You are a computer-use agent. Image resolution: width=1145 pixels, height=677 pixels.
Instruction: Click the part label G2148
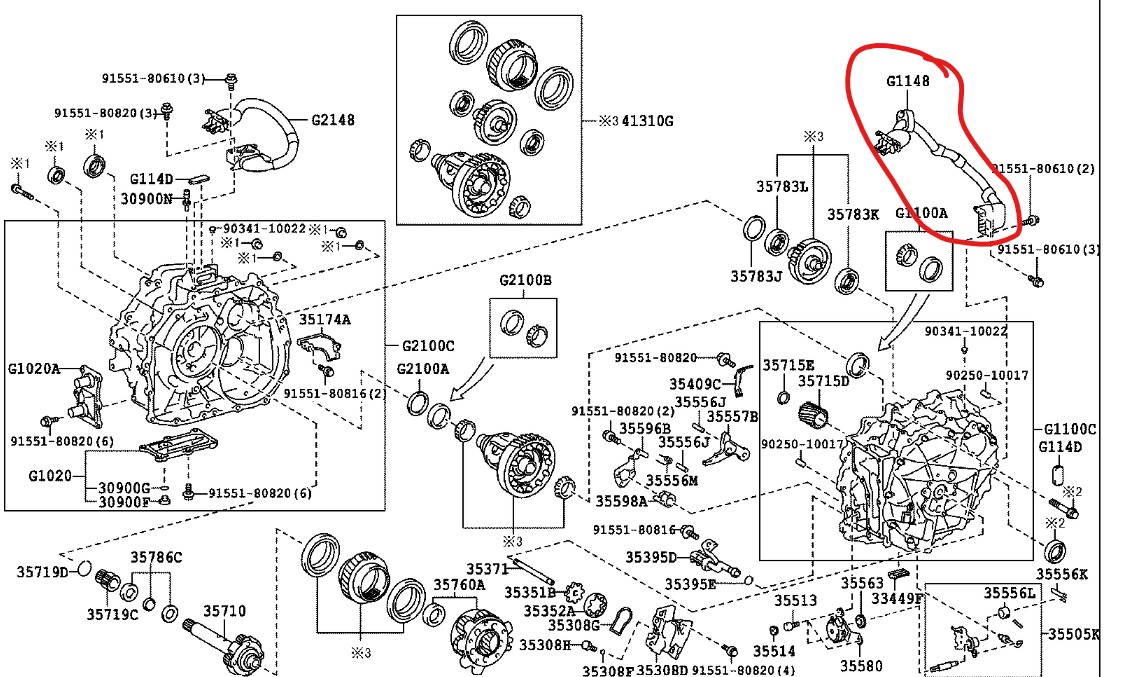click(x=333, y=120)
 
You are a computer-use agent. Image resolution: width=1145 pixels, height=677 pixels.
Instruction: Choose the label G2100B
click(x=525, y=280)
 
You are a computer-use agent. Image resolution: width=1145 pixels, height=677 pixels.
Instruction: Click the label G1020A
click(x=34, y=370)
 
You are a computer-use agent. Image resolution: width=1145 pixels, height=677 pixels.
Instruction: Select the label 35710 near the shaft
click(x=225, y=610)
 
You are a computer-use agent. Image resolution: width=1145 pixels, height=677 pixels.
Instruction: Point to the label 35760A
click(x=459, y=584)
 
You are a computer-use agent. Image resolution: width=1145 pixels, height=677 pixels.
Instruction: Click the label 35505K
click(x=1073, y=634)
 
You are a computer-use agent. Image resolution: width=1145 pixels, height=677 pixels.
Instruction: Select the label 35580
click(x=861, y=664)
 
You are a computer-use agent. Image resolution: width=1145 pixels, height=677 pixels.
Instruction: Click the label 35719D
click(x=41, y=572)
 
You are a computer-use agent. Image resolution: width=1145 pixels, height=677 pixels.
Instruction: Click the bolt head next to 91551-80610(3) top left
click(x=231, y=78)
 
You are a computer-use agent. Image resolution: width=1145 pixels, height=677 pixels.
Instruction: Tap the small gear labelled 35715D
click(x=811, y=410)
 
